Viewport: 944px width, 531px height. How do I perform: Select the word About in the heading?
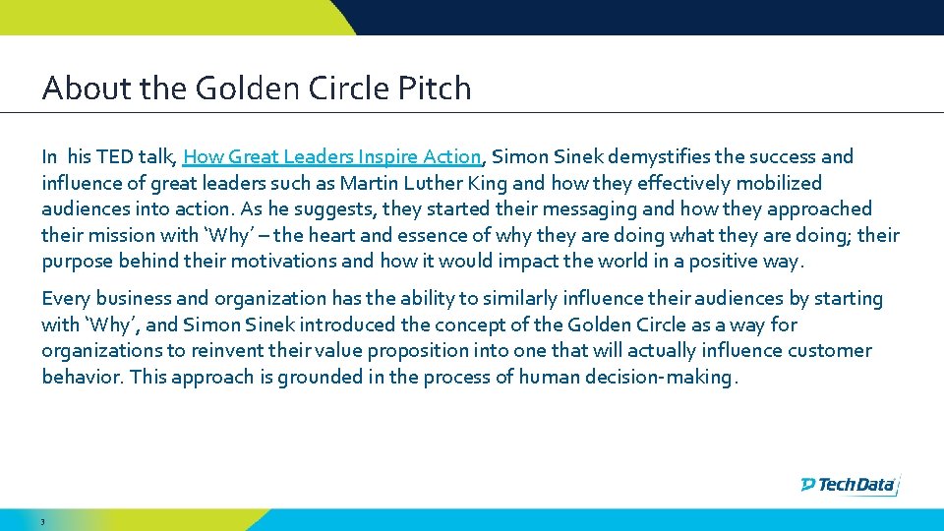[x=75, y=88]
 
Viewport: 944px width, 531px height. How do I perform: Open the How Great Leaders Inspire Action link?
[x=332, y=156]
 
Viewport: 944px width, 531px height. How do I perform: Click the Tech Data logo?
[x=850, y=484]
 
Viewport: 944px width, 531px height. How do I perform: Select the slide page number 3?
[x=43, y=522]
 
